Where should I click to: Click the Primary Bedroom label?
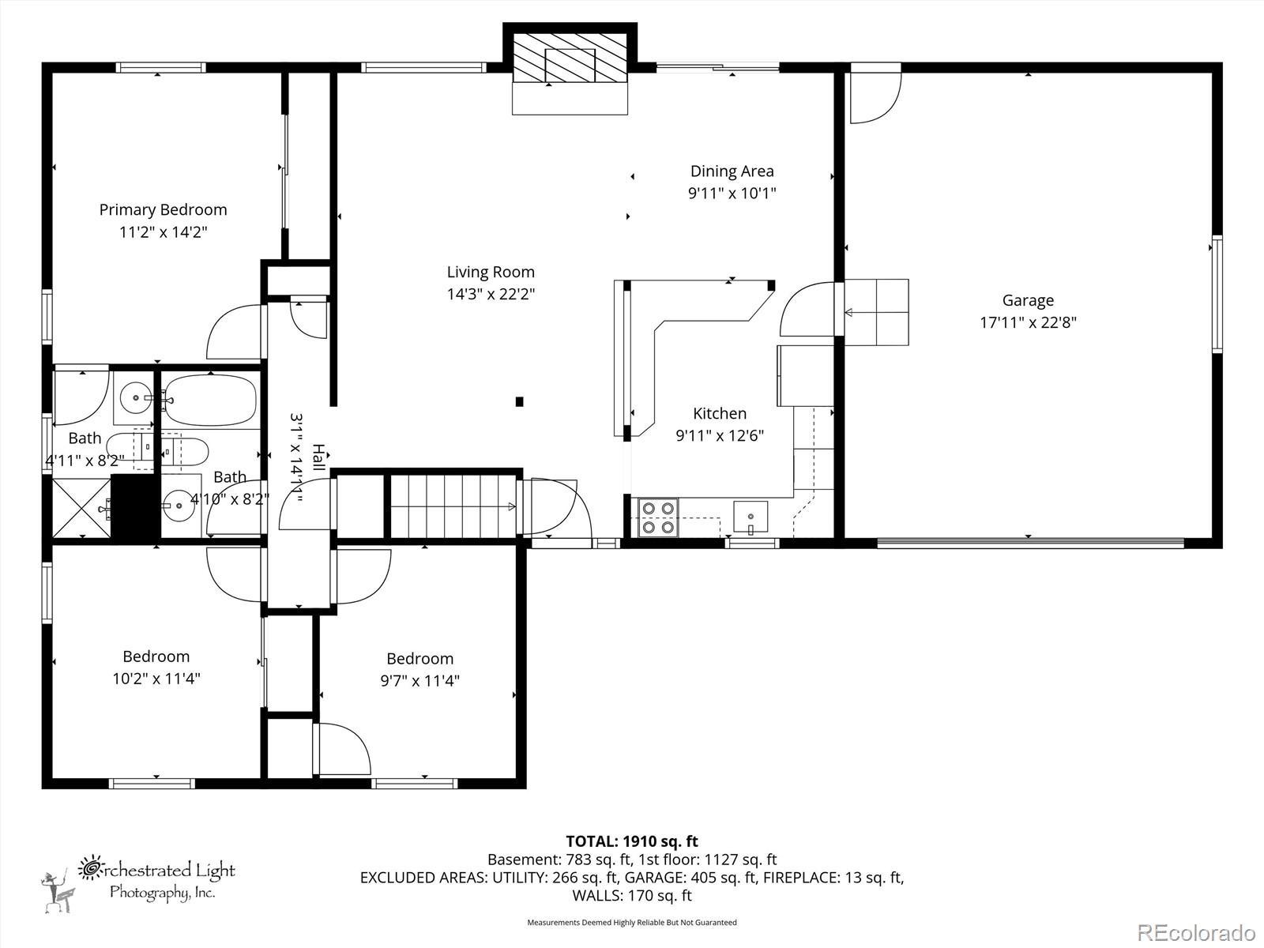click(x=163, y=209)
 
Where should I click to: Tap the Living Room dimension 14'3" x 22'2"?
click(x=491, y=294)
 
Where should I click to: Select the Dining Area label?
click(x=732, y=171)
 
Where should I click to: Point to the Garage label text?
click(x=1028, y=300)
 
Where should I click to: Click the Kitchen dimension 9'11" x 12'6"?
click(x=719, y=435)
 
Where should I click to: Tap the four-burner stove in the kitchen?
click(x=658, y=517)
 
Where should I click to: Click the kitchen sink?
click(x=750, y=517)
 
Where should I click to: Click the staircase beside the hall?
click(x=453, y=506)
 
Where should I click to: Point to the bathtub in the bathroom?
click(x=210, y=401)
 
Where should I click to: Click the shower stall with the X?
click(x=81, y=510)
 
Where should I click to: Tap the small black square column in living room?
click(x=519, y=402)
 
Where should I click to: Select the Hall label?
click(x=318, y=457)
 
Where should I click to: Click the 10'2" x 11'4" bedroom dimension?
click(x=156, y=679)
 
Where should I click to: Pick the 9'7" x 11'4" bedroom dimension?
click(x=419, y=681)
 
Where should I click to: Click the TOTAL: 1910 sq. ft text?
click(x=632, y=841)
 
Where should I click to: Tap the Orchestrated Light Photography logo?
click(x=138, y=883)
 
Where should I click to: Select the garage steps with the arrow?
click(x=876, y=313)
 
